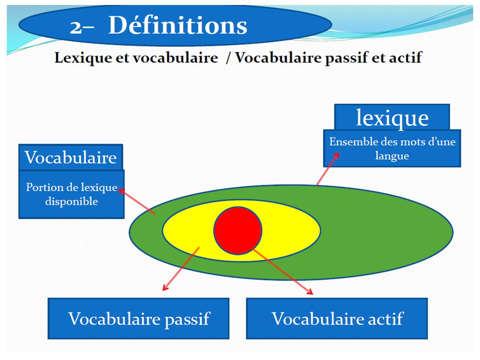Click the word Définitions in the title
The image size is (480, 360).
tap(178, 25)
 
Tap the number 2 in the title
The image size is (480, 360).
tap(75, 28)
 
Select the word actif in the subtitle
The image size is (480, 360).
tap(405, 57)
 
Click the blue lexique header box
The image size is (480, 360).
tap(392, 117)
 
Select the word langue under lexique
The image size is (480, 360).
tap(392, 156)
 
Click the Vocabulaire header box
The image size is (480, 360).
tap(71, 157)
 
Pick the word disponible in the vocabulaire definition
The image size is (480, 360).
tap(72, 202)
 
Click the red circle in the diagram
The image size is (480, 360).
tap(238, 231)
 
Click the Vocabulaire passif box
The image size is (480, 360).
tap(138, 318)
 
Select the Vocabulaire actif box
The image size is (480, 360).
tap(337, 318)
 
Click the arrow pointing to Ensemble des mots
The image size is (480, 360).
tap(328, 169)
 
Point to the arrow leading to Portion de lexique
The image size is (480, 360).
tap(137, 202)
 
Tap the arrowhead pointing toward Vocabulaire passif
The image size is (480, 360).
tap(165, 287)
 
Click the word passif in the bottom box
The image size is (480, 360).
tap(187, 319)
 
